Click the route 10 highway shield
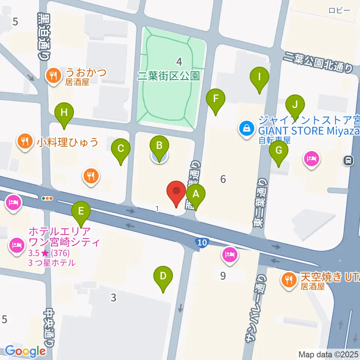202,243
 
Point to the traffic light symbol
47,198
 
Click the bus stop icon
348,161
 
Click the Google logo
25,351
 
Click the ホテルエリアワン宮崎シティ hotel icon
16,246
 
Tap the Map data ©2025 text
328,354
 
